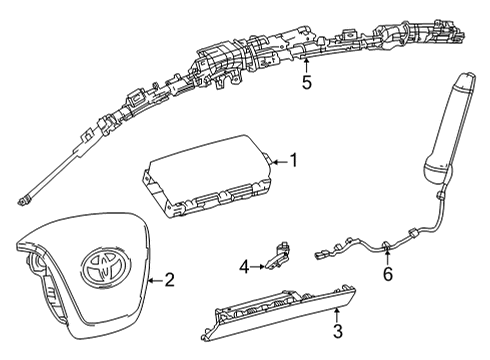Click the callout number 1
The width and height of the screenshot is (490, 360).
(294, 160)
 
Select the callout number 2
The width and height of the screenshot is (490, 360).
(170, 280)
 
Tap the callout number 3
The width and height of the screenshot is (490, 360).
(338, 331)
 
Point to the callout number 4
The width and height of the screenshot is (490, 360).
(244, 267)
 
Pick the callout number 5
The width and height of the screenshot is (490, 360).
(307, 82)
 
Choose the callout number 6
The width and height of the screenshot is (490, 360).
(388, 274)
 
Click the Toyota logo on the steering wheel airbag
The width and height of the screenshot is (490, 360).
(105, 267)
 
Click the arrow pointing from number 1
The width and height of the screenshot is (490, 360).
(279, 162)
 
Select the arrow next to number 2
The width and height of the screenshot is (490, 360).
(155, 281)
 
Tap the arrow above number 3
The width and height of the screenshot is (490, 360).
(337, 315)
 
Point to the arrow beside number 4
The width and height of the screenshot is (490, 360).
(258, 267)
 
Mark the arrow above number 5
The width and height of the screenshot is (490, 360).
(306, 65)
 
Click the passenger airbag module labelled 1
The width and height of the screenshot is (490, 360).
(208, 175)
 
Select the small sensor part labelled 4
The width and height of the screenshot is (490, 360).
(277, 255)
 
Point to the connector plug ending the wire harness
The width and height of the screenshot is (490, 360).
(321, 256)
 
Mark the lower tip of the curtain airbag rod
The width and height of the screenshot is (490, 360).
(21, 202)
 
